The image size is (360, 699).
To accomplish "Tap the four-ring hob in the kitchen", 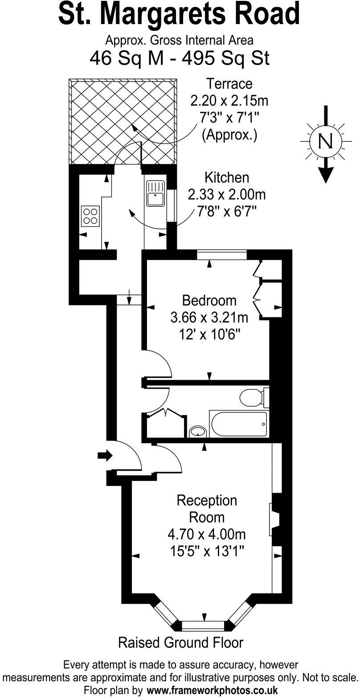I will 90,216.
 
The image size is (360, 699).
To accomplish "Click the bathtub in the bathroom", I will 238,424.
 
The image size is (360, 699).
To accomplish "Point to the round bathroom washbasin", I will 197,432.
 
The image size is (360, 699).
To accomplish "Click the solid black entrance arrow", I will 105,455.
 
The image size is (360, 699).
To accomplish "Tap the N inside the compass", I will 327,141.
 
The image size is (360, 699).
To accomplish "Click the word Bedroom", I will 209,300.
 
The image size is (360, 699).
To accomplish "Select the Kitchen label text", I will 226,177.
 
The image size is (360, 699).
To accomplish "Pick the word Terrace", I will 229,83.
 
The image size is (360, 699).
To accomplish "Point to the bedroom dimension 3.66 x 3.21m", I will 209,317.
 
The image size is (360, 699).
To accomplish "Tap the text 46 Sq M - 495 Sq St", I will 180,58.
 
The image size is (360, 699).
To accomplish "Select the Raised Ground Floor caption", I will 180,642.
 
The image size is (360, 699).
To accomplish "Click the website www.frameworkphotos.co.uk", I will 212,691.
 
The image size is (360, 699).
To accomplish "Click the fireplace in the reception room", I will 274,519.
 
